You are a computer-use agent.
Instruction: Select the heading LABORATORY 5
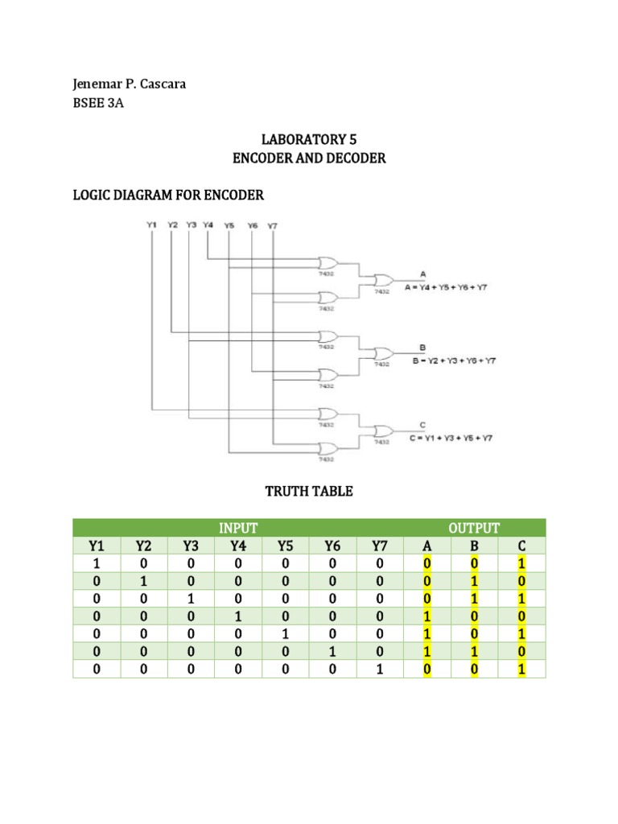click(309, 139)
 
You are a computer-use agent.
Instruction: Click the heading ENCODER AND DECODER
click(309, 158)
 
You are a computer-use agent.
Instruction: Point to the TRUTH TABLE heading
click(309, 491)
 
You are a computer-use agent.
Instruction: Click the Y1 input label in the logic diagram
click(151, 225)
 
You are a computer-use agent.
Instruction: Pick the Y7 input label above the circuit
click(272, 225)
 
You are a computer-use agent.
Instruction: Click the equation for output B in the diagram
click(454, 360)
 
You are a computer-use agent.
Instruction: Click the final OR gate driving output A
click(381, 280)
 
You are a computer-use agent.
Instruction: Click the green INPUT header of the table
click(238, 528)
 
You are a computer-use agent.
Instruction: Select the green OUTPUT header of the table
click(474, 528)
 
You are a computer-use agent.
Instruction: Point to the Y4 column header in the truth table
click(238, 547)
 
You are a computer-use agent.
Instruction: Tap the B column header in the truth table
click(474, 547)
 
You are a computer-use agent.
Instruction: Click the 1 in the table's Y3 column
click(191, 599)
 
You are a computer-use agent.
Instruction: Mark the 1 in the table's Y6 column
click(332, 651)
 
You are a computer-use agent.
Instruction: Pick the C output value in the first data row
click(521, 564)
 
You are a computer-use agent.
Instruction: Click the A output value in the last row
click(427, 669)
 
